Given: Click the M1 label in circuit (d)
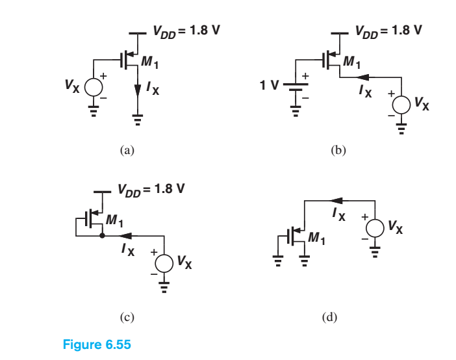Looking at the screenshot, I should [318, 240].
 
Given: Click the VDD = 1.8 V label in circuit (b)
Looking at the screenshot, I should [388, 30].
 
